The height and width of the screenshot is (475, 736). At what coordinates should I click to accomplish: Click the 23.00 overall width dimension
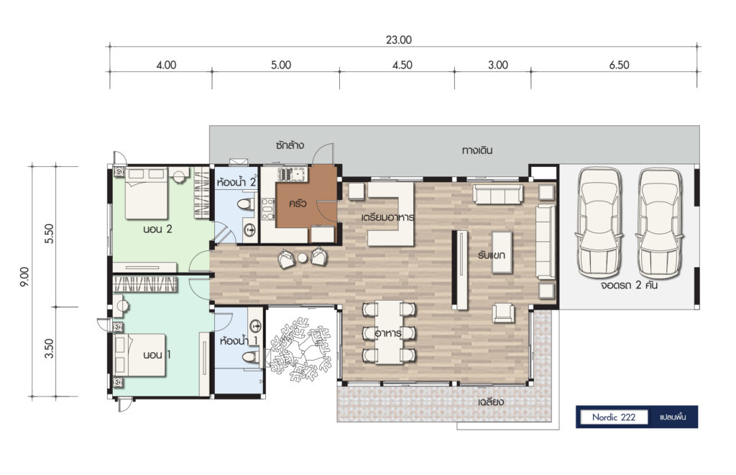click(x=398, y=40)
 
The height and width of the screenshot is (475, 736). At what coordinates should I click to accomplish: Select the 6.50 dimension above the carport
click(x=619, y=65)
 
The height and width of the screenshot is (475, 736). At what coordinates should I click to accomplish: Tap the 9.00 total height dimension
click(x=25, y=277)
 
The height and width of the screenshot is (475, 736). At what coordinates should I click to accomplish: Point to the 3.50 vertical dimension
click(x=50, y=348)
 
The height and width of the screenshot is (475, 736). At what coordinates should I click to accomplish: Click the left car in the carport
click(x=599, y=222)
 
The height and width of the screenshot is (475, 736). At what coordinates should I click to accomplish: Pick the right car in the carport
click(x=660, y=222)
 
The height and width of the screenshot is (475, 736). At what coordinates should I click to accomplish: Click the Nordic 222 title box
click(x=614, y=417)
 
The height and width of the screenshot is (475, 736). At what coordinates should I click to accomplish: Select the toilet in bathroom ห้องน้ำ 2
click(x=246, y=204)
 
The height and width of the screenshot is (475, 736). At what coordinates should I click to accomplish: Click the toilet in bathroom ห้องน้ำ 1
click(x=251, y=356)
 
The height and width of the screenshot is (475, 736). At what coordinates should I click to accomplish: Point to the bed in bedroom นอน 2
click(x=146, y=193)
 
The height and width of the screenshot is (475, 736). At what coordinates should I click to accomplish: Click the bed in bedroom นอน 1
click(x=140, y=356)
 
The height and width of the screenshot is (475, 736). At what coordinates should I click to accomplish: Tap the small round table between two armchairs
click(x=303, y=258)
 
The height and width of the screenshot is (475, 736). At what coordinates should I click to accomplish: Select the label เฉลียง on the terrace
click(x=490, y=402)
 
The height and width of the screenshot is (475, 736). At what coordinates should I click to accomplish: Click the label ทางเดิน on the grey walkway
click(x=477, y=150)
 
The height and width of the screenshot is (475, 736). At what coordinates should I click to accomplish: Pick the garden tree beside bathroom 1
click(x=300, y=348)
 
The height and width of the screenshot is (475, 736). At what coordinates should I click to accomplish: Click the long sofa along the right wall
click(x=546, y=241)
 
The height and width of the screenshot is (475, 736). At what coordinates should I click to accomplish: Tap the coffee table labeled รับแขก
click(x=502, y=253)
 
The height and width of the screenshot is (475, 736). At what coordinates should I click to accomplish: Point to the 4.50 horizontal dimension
click(x=402, y=65)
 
